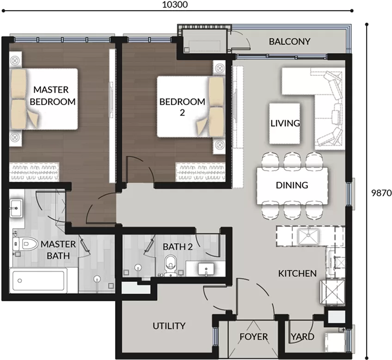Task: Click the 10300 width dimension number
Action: pyautogui.click(x=175, y=5)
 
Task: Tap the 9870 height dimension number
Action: pyautogui.click(x=381, y=193)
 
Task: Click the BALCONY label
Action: pyautogui.click(x=289, y=41)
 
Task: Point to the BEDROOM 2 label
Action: pyautogui.click(x=182, y=107)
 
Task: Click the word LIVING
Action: pyautogui.click(x=285, y=123)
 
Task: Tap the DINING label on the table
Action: pyautogui.click(x=292, y=185)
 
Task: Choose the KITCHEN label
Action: pyautogui.click(x=297, y=273)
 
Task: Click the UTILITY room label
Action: pyautogui.click(x=169, y=326)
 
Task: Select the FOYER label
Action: pyautogui.click(x=253, y=336)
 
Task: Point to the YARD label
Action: pyautogui.click(x=302, y=336)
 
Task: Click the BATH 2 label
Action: pyautogui.click(x=178, y=247)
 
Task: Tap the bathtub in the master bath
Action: pyautogui.click(x=38, y=280)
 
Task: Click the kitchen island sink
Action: pyautogui.click(x=308, y=236)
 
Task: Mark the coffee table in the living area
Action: pyautogui.click(x=284, y=124)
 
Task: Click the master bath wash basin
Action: pyautogui.click(x=16, y=208)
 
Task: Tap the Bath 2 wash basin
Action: pyautogui.click(x=206, y=269)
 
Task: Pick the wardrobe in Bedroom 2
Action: pyautogui.click(x=201, y=172)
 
